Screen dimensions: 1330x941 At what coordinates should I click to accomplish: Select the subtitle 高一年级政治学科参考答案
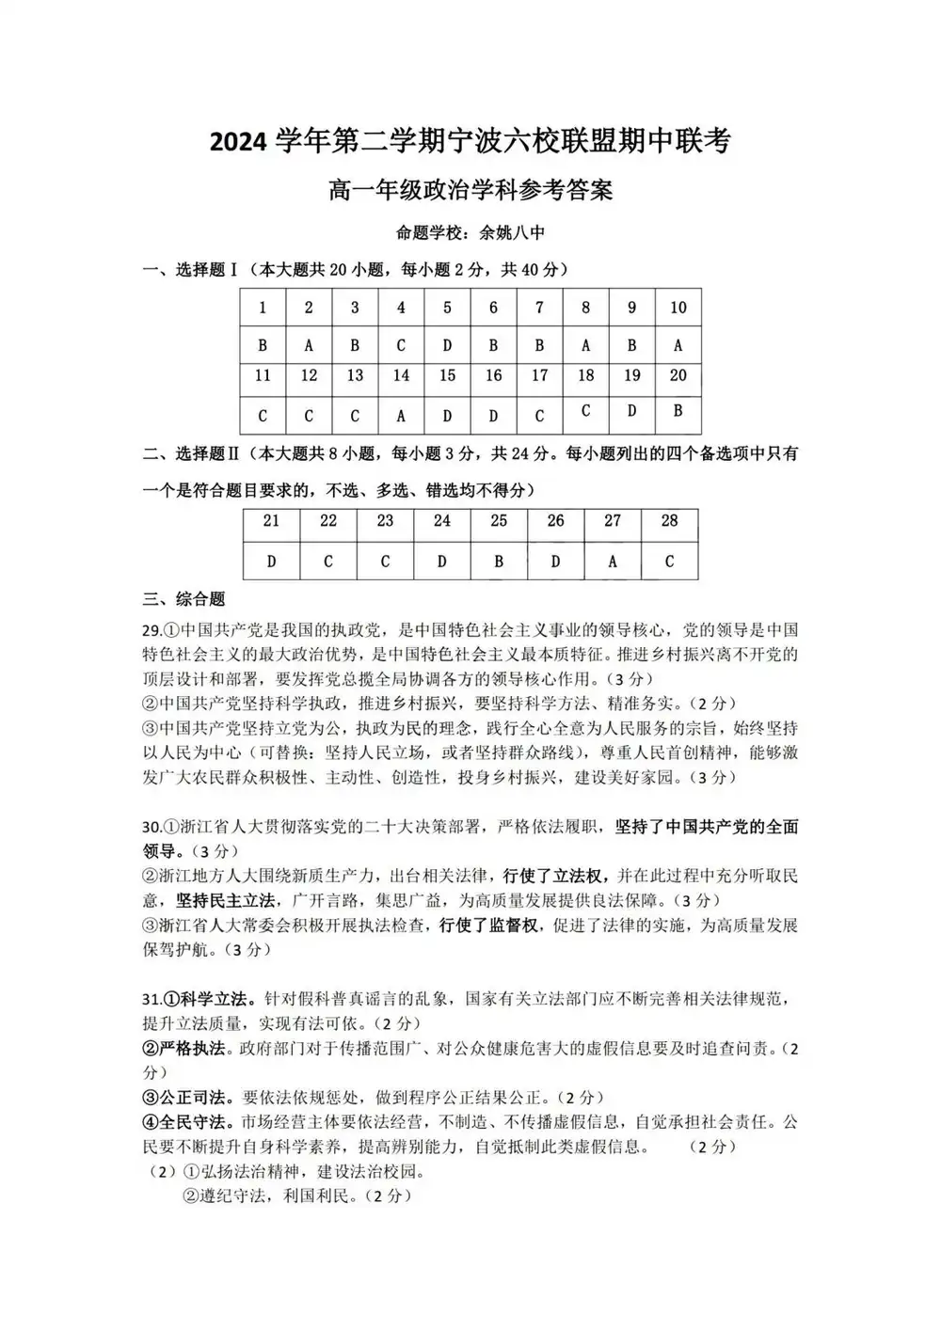click(x=470, y=190)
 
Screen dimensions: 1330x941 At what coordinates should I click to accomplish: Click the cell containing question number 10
click(x=678, y=308)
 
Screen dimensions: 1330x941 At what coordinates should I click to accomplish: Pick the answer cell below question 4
click(x=401, y=345)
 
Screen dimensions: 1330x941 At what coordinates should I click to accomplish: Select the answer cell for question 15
click(x=447, y=415)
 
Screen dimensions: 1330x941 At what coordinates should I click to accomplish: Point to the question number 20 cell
click(x=678, y=375)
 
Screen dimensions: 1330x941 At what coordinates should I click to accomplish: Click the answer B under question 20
click(x=678, y=411)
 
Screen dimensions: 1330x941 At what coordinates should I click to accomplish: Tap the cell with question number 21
click(x=271, y=521)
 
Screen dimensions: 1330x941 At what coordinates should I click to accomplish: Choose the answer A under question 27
click(x=613, y=562)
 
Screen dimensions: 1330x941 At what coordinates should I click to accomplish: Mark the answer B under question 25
click(x=499, y=562)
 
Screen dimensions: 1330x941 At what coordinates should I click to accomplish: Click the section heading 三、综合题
click(x=184, y=599)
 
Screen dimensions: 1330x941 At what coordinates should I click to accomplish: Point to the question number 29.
click(x=152, y=630)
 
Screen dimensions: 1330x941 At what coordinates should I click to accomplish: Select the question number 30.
click(x=152, y=828)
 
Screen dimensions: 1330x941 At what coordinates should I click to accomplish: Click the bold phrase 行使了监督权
click(x=488, y=926)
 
